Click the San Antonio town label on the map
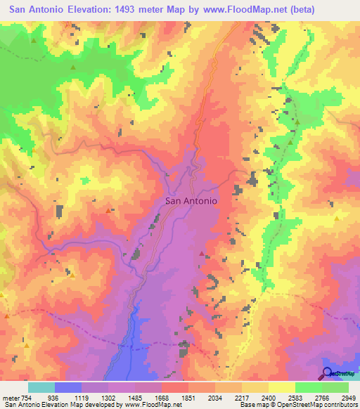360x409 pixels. (191, 200)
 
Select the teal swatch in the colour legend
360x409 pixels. (41, 387)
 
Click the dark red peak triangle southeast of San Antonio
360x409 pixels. (202, 253)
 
